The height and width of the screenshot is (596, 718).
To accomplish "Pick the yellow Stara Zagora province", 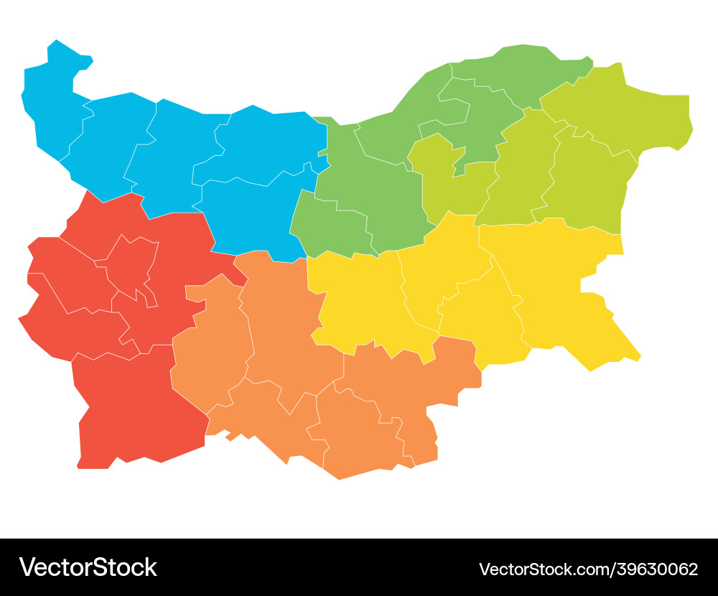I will tap(359, 302).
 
